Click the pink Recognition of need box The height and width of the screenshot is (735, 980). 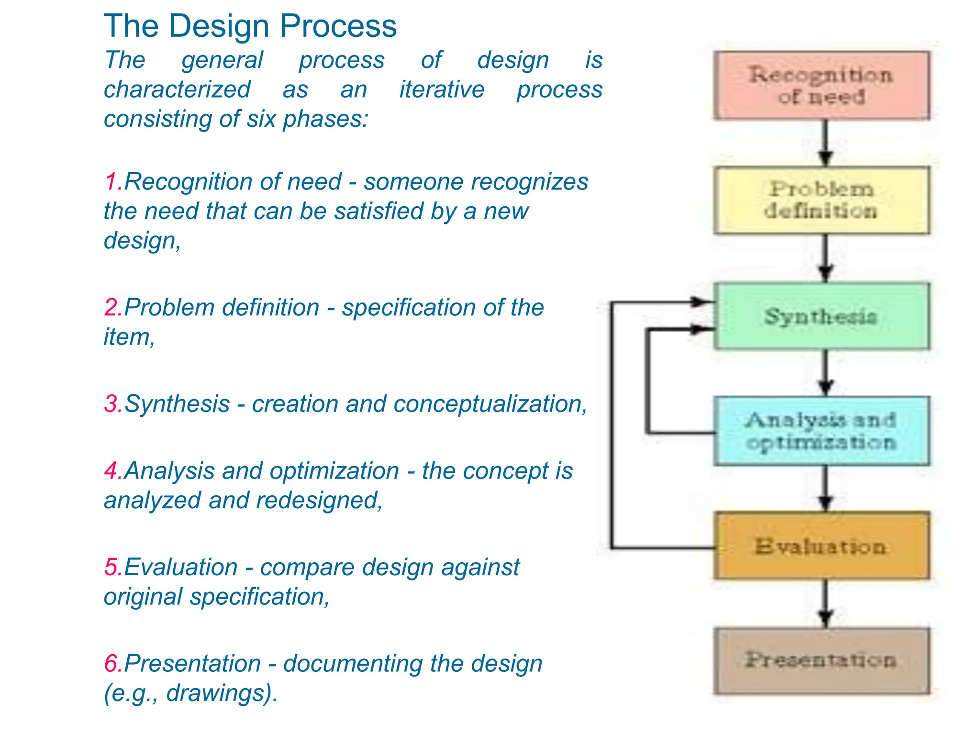tap(821, 85)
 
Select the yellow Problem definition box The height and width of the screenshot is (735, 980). tap(821, 200)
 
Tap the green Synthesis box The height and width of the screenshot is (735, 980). tap(821, 316)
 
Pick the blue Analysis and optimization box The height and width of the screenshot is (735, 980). tap(821, 431)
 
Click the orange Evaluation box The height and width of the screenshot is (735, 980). tap(821, 546)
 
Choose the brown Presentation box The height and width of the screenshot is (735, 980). tap(821, 660)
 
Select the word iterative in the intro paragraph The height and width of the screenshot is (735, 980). tap(442, 89)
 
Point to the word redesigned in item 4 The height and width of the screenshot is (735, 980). tap(319, 501)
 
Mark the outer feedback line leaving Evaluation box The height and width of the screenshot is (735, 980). tap(612, 431)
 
